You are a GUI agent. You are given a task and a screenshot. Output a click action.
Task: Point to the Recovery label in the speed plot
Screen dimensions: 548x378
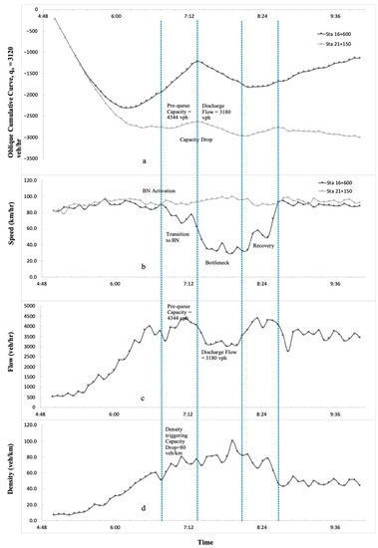262,244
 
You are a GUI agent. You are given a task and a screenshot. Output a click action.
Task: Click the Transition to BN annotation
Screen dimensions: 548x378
180,237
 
